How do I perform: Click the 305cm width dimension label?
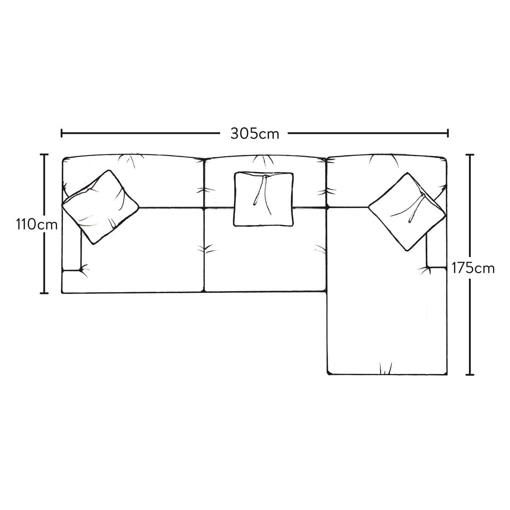click(255, 134)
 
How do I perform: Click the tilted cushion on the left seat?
click(100, 207)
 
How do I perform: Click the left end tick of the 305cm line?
click(62, 133)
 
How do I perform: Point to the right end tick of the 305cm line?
click(448, 133)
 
